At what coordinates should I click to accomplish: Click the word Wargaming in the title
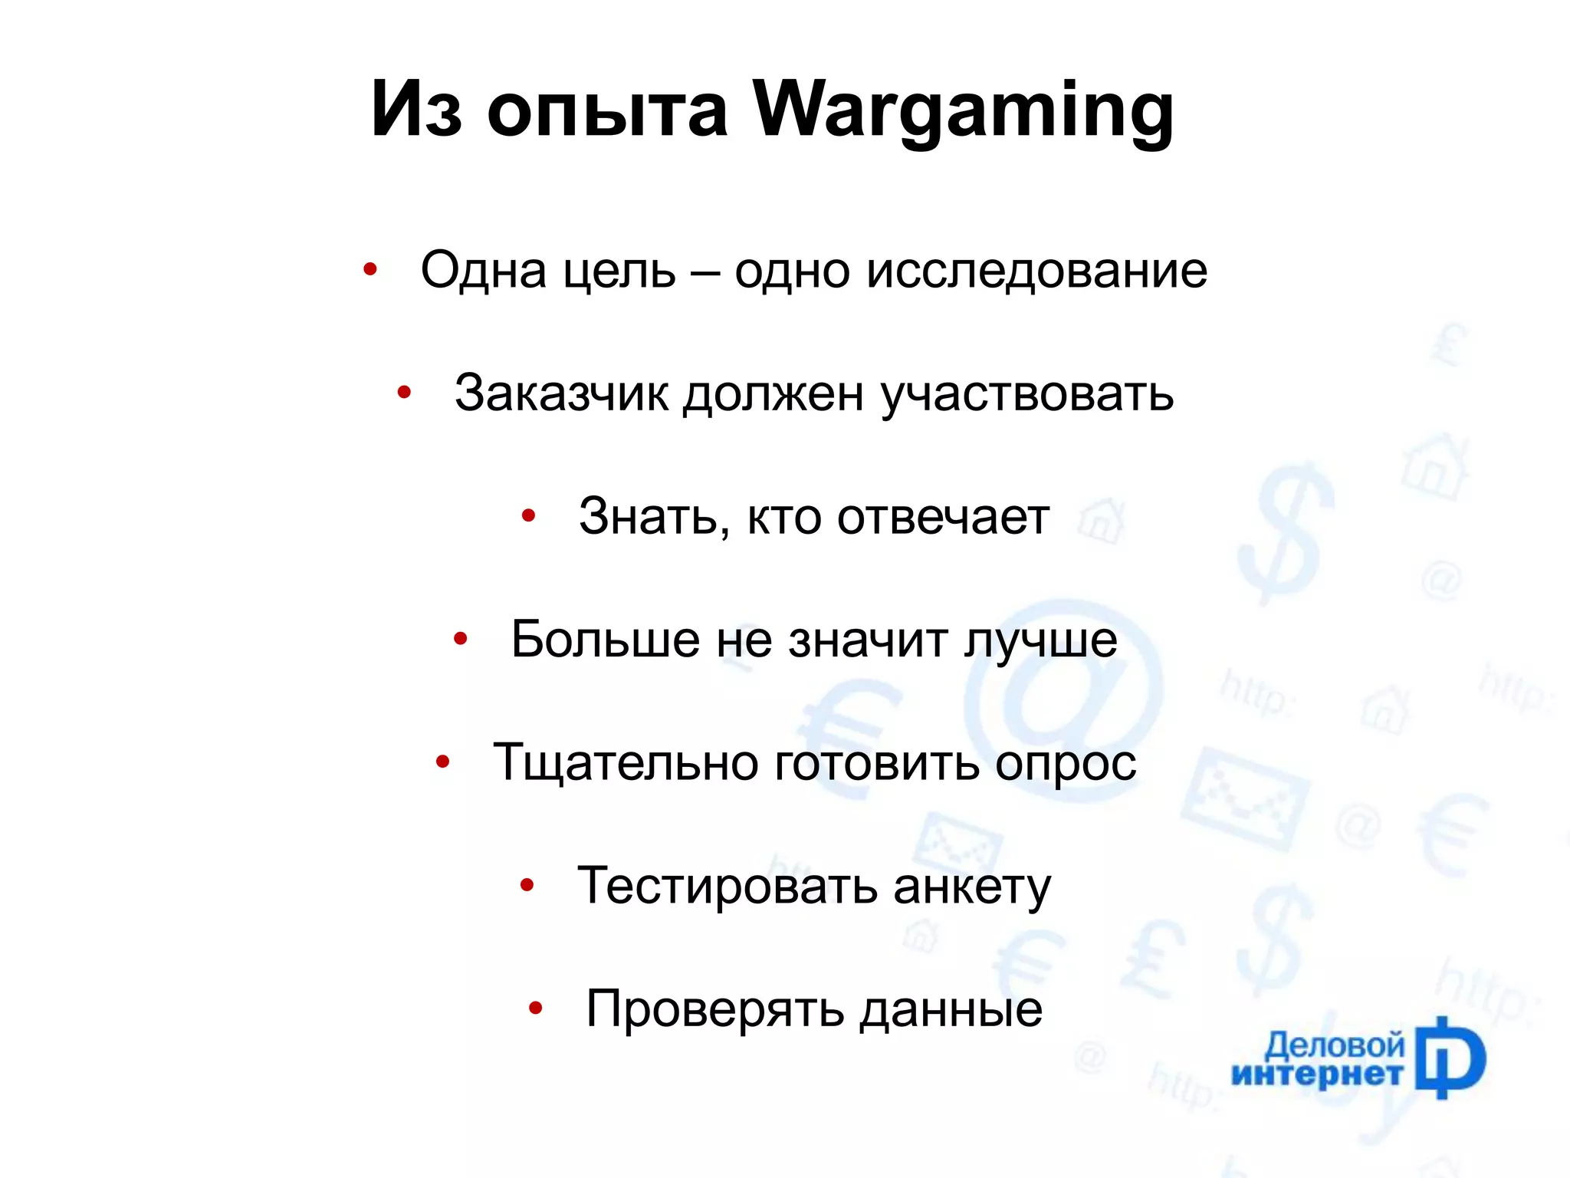[963, 110]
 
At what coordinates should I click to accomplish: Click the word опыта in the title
[607, 110]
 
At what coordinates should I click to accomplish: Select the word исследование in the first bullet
[1036, 271]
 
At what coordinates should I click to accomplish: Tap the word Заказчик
[561, 393]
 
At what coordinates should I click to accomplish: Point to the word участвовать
[1026, 395]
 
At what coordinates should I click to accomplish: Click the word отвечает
[943, 517]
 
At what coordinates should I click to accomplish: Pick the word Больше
[605, 639]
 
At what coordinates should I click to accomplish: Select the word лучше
[1040, 640]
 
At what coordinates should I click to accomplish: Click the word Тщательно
[626, 763]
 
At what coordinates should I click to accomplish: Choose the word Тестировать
[727, 886]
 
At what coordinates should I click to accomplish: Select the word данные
[951, 1010]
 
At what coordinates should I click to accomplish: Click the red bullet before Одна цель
[370, 269]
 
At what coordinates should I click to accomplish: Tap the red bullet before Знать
[527, 515]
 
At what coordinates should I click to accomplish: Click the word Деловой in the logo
[1334, 1045]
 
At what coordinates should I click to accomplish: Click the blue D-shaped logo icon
[1450, 1058]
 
